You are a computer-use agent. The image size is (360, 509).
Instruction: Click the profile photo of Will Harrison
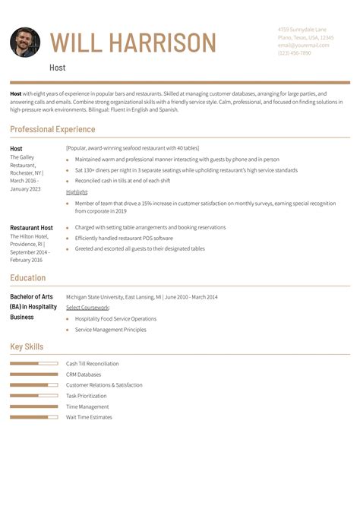coord(25,43)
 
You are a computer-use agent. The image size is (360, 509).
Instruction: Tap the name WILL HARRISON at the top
coord(133,43)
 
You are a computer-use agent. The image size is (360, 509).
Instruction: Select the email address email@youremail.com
coord(303,45)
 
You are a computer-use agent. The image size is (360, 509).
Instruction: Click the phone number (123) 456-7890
coord(294,53)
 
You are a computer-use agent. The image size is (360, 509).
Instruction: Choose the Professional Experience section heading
coord(53,130)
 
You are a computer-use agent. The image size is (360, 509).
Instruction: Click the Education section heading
coord(28,278)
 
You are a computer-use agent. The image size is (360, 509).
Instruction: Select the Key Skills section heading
coord(27,347)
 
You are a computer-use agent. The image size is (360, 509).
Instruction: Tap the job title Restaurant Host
coord(31,228)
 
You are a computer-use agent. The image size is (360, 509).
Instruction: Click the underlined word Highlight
coord(77,192)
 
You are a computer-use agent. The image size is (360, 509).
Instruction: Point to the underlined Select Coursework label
coord(87,308)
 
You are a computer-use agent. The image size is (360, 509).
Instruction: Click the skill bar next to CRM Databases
coord(34,375)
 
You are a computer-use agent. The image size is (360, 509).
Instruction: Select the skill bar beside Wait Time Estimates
coord(34,417)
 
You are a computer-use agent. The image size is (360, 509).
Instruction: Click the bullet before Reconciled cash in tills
coord(68,181)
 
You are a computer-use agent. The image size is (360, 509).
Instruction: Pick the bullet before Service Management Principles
coord(68,330)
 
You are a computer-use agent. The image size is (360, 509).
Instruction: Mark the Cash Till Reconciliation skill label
coord(93,364)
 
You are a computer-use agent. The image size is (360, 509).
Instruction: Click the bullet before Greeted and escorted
coord(68,248)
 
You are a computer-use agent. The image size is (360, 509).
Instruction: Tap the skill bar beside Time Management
coord(34,406)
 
